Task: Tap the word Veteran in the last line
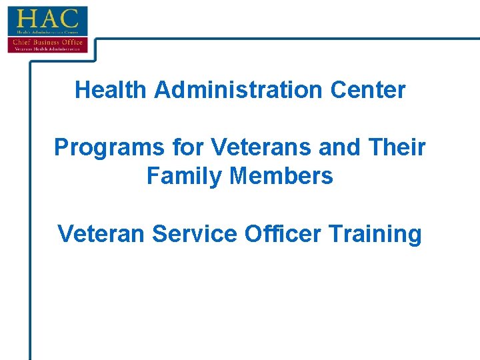(x=101, y=234)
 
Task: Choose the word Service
(x=195, y=234)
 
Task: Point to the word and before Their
(x=337, y=147)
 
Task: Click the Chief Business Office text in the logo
(x=47, y=41)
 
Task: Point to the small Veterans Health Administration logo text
(x=47, y=48)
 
